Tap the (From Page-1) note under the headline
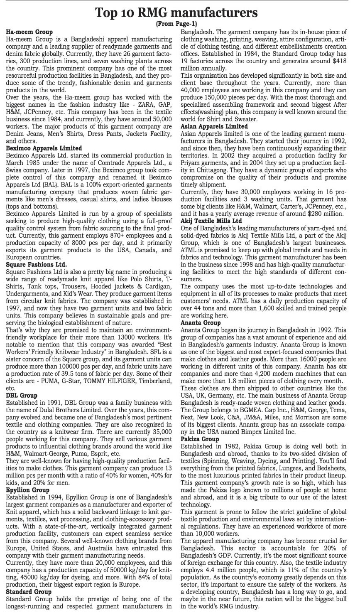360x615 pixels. [x=179, y=24]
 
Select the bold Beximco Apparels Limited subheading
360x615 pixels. [x=44, y=148]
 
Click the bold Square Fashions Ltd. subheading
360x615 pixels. [x=36, y=264]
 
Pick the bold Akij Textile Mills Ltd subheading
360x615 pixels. [x=211, y=221]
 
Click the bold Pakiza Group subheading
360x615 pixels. [x=199, y=439]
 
